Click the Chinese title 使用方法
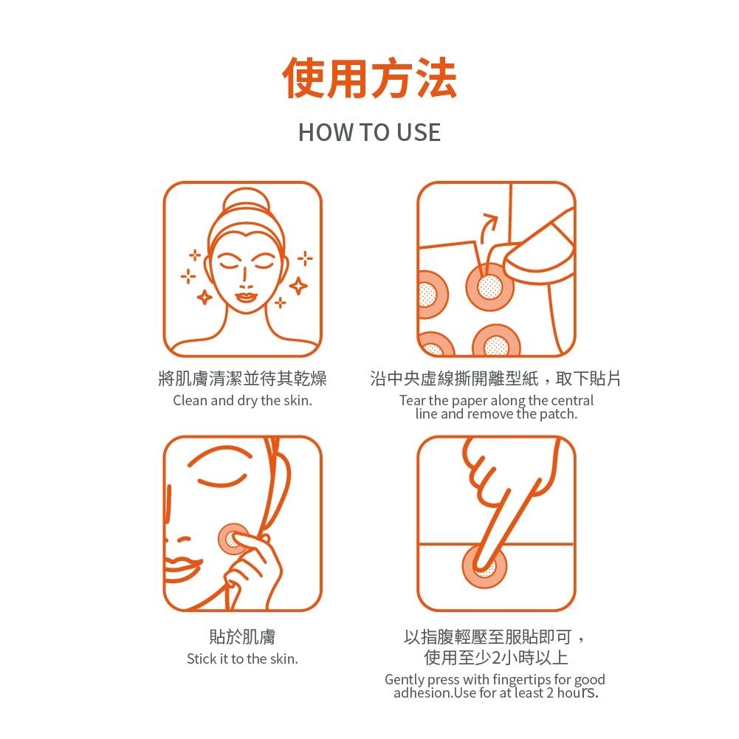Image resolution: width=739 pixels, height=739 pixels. tap(369, 78)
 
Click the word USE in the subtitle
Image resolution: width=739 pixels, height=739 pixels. tap(419, 132)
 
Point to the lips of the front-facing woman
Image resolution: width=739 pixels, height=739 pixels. tap(246, 298)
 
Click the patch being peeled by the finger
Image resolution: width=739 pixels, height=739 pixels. tap(488, 286)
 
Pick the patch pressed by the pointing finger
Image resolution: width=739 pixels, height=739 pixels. tap(484, 567)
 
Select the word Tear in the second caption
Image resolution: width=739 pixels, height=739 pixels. tap(413, 401)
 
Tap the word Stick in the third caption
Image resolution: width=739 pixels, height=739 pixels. tap(201, 659)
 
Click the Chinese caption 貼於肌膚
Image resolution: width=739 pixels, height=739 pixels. tap(242, 636)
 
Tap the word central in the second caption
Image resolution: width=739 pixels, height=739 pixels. tap(572, 401)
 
